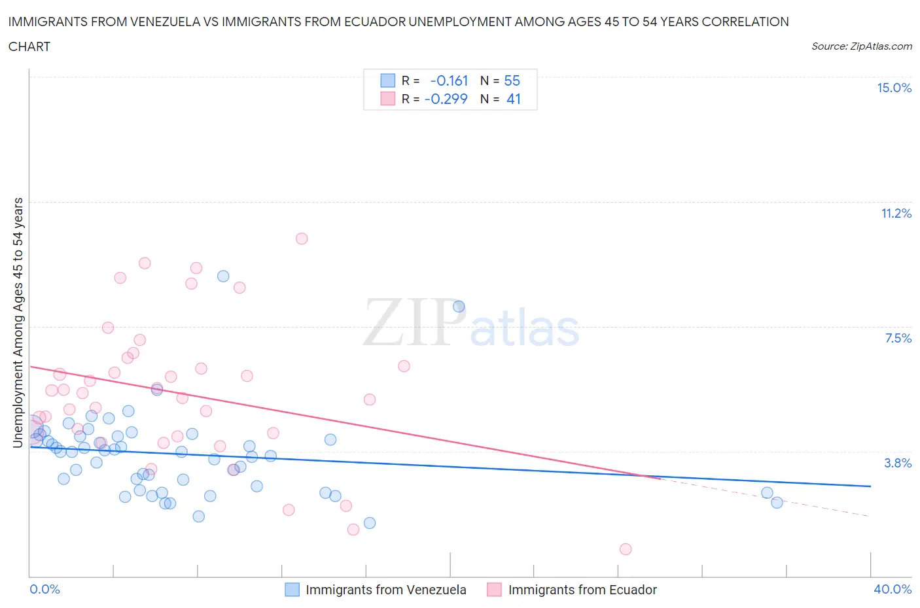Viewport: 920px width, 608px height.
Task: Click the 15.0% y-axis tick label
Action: tap(894, 88)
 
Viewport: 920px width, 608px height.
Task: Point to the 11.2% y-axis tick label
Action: tap(896, 213)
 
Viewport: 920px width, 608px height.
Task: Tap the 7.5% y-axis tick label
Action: tap(898, 338)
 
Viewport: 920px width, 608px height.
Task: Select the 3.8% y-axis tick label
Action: tap(898, 463)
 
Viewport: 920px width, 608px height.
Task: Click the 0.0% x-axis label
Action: tap(44, 589)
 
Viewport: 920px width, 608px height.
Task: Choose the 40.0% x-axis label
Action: tap(893, 589)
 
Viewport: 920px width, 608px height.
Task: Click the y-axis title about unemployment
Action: tap(18, 322)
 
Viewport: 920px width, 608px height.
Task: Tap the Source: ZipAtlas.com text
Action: tap(861, 46)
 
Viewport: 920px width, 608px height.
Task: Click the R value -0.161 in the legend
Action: tap(449, 80)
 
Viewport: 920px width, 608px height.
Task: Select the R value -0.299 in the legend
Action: tap(446, 99)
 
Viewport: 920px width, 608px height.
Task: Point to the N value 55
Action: tap(512, 80)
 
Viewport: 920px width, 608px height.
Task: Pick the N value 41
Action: tap(513, 99)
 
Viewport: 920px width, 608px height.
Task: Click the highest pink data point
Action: tap(302, 239)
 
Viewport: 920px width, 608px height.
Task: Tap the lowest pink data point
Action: tap(626, 549)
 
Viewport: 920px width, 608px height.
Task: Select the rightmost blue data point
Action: tap(777, 502)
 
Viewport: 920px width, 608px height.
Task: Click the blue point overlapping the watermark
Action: tap(459, 307)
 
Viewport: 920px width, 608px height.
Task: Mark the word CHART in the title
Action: tap(29, 46)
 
